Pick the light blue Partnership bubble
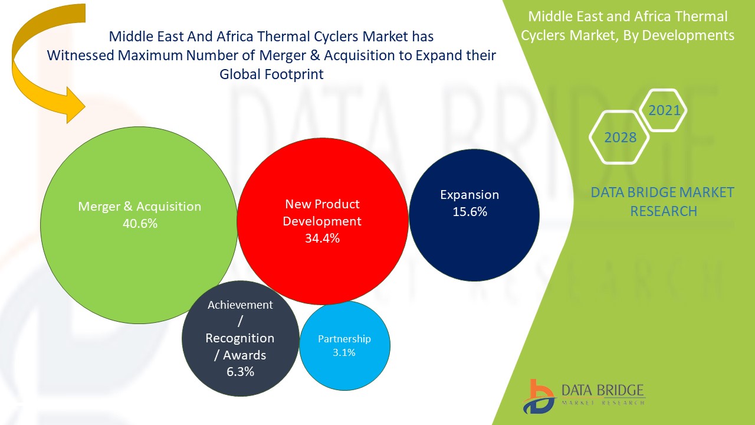point(344,366)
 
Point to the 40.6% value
point(139,224)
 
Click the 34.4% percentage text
point(321,238)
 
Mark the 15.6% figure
point(470,211)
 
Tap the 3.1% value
point(344,352)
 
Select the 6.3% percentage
point(239,372)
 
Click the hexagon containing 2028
point(619,137)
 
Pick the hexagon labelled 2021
point(664,110)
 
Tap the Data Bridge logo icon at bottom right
point(538,395)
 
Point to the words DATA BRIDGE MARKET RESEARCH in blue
point(662,201)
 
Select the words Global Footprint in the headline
point(271,74)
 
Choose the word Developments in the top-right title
point(688,35)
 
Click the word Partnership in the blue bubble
point(344,339)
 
